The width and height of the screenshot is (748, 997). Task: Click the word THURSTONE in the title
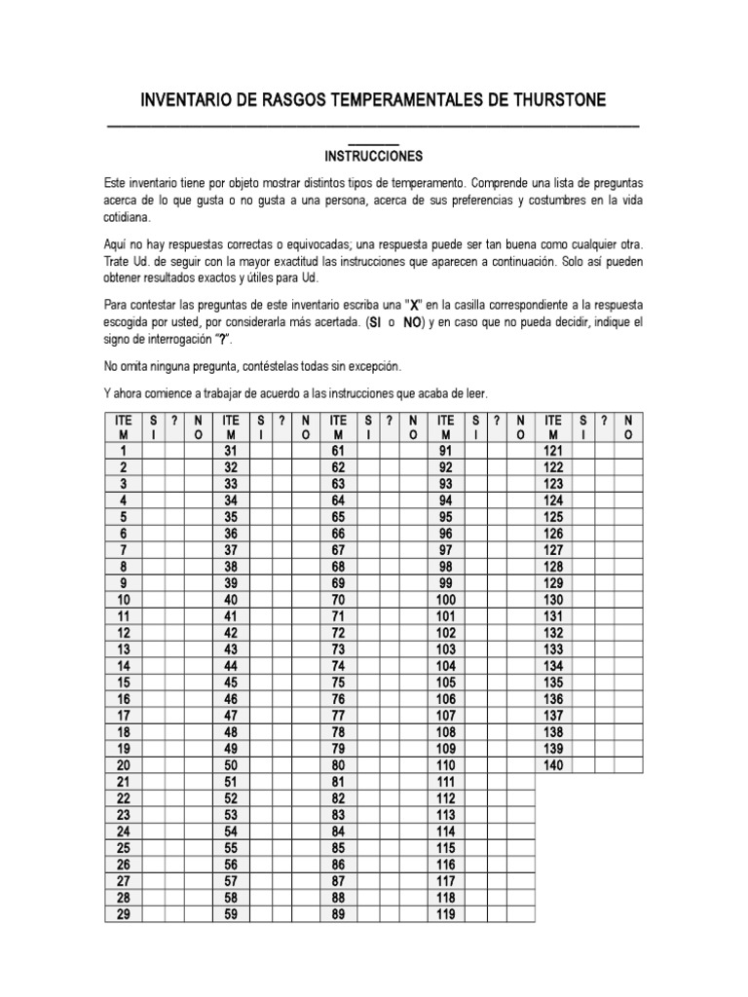550,100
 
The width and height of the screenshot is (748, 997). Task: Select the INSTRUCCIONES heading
374,156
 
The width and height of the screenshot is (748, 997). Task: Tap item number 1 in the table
124,451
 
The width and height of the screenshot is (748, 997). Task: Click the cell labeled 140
553,765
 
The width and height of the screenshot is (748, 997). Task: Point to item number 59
231,914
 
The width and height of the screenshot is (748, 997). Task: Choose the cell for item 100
446,600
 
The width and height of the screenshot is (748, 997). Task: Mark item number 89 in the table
339,914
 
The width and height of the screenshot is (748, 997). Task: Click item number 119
446,914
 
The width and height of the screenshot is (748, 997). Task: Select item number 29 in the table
124,914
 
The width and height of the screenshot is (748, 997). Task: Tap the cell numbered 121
553,451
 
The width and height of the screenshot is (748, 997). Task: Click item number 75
339,683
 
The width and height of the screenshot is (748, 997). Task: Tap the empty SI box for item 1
154,451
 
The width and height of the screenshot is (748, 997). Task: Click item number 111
446,782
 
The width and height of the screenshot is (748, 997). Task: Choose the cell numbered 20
124,765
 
